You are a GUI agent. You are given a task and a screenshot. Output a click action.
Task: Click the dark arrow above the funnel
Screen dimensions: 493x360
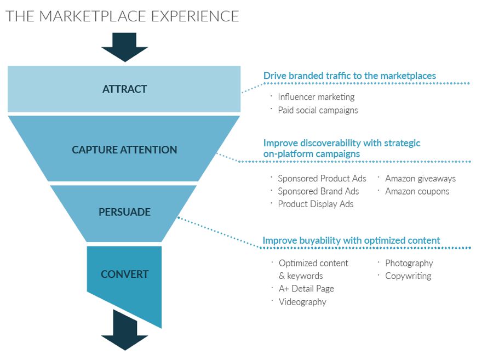[124, 47]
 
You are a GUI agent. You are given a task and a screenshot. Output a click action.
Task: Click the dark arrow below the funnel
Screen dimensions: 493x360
[124, 332]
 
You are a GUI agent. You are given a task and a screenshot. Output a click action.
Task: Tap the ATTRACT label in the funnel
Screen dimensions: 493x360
[124, 89]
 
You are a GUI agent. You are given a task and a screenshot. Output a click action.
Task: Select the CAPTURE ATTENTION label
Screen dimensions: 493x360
[124, 150]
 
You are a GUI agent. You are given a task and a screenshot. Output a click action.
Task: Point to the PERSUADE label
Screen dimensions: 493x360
[124, 212]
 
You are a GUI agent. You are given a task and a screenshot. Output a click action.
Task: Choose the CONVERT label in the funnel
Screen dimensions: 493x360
[124, 274]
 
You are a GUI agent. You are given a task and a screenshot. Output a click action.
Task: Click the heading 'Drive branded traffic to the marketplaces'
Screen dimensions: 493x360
[349, 76]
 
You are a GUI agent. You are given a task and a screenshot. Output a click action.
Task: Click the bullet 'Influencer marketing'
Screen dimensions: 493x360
[316, 97]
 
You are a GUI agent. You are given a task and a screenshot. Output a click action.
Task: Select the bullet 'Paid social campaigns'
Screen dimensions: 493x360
[318, 110]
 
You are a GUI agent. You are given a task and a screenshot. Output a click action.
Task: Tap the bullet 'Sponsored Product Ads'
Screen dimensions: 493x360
[322, 179]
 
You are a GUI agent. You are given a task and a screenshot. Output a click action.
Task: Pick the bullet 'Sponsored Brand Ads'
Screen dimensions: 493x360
[318, 191]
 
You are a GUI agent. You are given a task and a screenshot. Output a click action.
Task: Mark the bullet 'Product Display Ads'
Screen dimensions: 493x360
[316, 204]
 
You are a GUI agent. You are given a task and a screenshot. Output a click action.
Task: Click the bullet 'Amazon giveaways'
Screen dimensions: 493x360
[420, 179]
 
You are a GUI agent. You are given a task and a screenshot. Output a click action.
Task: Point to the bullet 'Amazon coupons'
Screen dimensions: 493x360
[417, 191]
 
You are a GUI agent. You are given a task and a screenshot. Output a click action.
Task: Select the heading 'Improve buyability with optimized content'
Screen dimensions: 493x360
[351, 241]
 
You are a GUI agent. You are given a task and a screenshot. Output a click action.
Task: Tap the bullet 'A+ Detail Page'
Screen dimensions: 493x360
[306, 289]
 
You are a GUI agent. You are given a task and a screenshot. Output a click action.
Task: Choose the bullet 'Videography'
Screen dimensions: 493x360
[302, 302]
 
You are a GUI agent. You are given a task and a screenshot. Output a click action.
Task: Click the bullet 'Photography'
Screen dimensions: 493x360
[409, 263]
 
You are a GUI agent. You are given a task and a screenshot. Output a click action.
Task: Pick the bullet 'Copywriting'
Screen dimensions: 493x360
[408, 276]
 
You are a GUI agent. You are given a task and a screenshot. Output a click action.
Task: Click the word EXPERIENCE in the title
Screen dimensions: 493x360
[195, 16]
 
